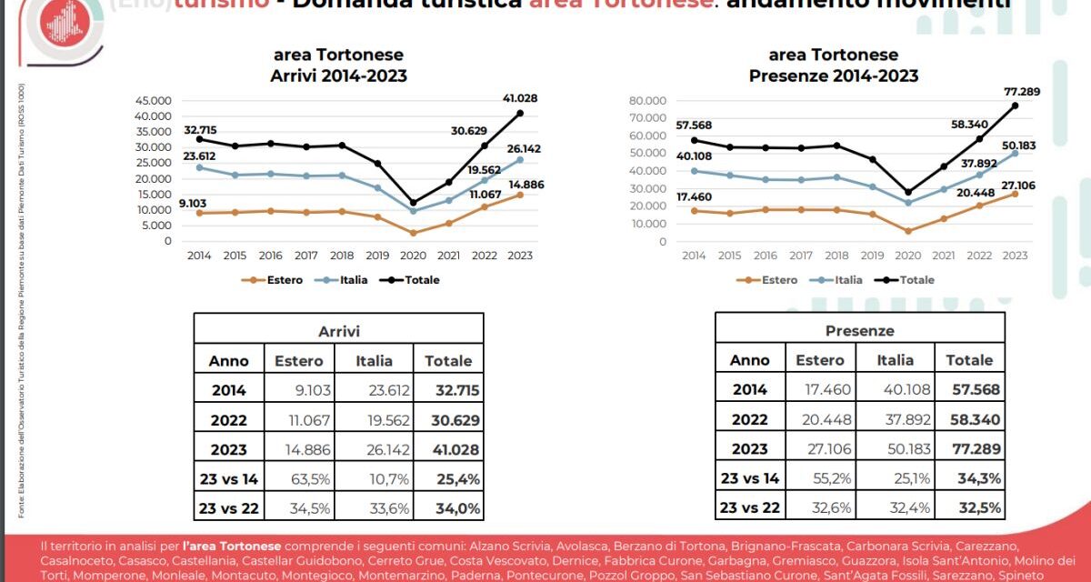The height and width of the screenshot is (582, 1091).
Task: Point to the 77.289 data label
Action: click(x=1015, y=91)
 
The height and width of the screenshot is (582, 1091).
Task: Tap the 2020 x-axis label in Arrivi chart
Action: click(x=413, y=256)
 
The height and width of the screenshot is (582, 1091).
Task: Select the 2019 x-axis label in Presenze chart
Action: click(x=872, y=256)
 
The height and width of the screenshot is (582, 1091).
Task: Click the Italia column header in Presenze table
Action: click(x=896, y=360)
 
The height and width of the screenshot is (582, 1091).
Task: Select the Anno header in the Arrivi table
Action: click(x=228, y=360)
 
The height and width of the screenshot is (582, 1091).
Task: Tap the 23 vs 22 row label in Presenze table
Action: click(x=750, y=508)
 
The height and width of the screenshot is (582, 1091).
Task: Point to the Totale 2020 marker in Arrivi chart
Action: click(x=413, y=203)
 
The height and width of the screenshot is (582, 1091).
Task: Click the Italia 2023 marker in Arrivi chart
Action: click(x=519, y=160)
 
